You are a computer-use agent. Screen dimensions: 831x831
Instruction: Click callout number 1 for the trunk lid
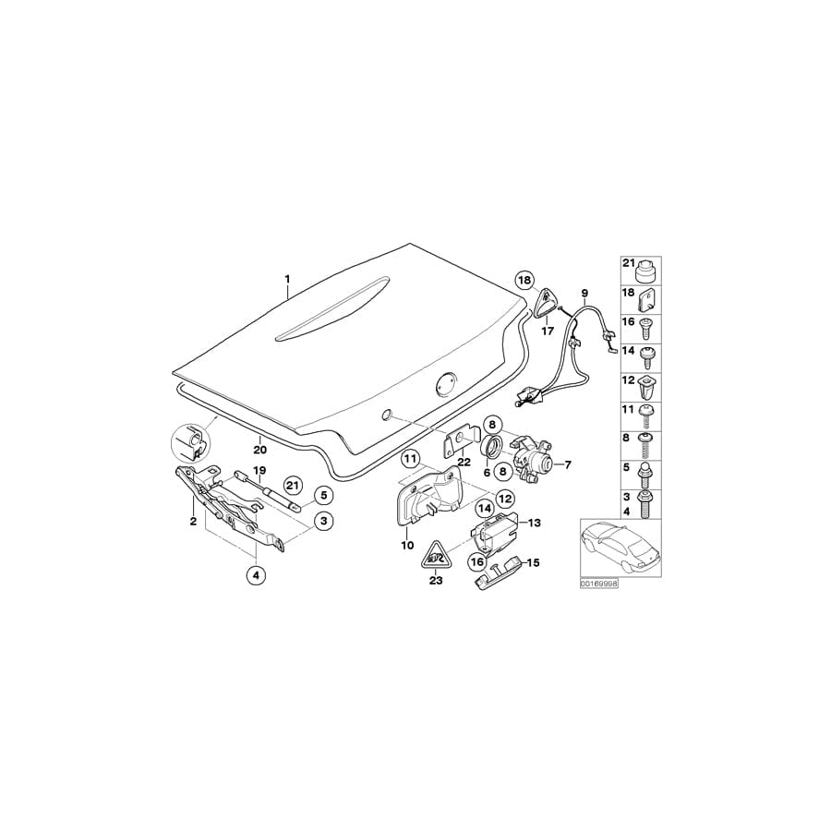(287, 278)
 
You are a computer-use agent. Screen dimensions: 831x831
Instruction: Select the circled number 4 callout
(256, 575)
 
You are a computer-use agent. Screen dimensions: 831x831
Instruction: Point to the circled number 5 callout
(323, 496)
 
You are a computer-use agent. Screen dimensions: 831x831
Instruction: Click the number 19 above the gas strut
(259, 471)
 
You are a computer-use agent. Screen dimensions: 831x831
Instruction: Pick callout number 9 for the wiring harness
(584, 294)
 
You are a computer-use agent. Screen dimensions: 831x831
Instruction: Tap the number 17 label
(547, 331)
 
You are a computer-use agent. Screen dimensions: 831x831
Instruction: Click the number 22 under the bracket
(464, 462)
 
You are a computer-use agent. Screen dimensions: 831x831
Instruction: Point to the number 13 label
(535, 523)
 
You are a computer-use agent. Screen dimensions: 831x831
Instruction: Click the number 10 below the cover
(407, 546)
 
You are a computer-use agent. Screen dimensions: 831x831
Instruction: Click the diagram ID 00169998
(598, 584)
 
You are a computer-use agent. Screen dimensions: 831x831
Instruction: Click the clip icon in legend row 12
(644, 384)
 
